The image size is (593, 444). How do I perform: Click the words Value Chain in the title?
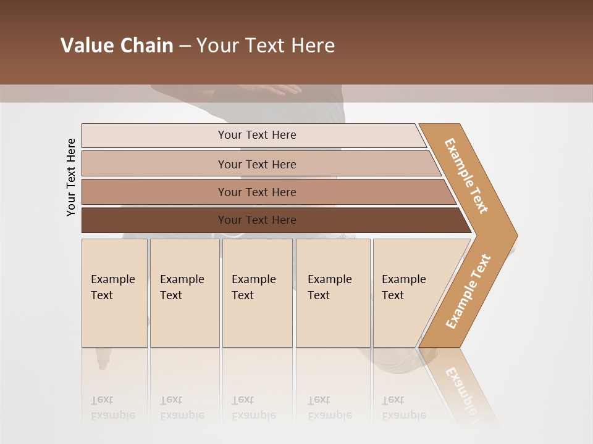click(x=117, y=46)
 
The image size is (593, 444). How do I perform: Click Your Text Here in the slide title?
click(x=266, y=46)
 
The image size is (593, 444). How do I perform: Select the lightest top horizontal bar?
click(x=256, y=135)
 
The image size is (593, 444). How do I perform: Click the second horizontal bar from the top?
click(x=256, y=164)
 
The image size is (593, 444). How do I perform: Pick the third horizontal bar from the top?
click(x=256, y=192)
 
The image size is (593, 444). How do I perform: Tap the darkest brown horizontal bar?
click(x=256, y=220)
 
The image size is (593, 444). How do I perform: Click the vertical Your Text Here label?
click(x=71, y=177)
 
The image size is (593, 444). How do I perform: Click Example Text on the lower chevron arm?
click(x=468, y=291)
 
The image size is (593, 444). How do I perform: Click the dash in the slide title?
click(x=185, y=46)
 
